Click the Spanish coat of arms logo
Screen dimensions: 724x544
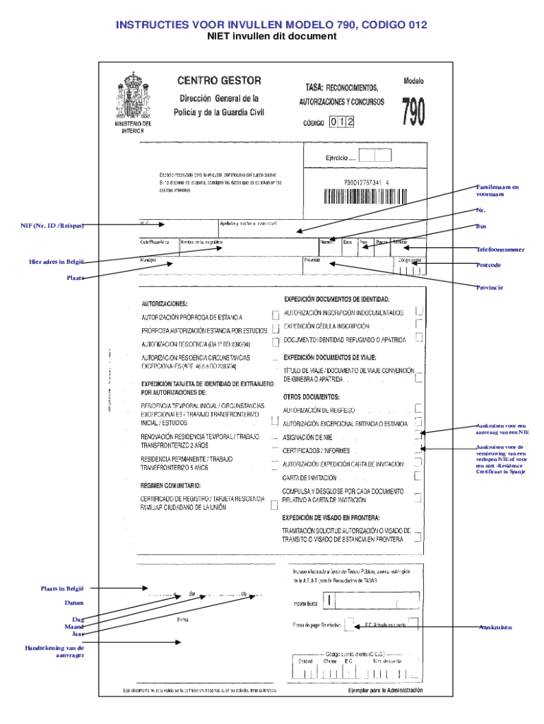click(x=133, y=95)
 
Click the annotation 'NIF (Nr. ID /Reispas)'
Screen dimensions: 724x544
click(x=52, y=226)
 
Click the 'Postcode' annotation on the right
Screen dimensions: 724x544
click(x=488, y=264)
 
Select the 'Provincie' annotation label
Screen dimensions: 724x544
click(x=490, y=288)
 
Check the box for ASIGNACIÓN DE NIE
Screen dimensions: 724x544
click(x=420, y=436)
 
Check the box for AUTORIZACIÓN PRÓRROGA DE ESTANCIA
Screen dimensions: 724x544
click(x=275, y=315)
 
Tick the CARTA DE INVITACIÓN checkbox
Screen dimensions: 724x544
click(x=418, y=477)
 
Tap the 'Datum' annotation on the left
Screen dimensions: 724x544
click(x=74, y=603)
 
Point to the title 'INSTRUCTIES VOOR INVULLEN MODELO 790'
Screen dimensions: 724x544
click(x=271, y=25)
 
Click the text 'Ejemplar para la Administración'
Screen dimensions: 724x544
click(x=385, y=690)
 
